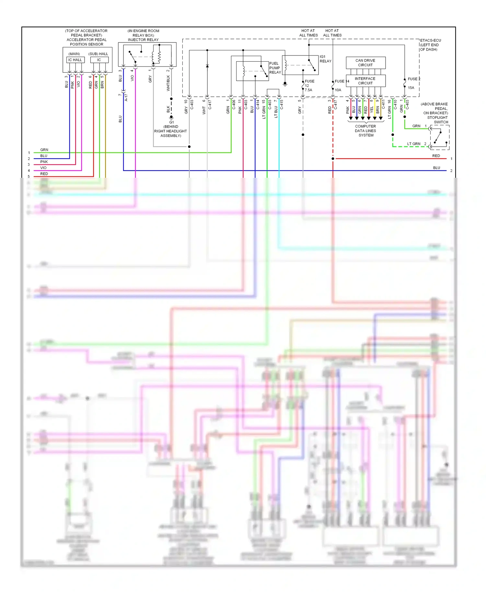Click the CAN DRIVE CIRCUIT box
pyautogui.click(x=365, y=63)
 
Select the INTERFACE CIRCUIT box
pyautogui.click(x=365, y=81)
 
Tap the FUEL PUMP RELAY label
pyautogui.click(x=275, y=68)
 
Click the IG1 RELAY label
pyautogui.click(x=325, y=59)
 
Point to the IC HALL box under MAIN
pyautogui.click(x=75, y=60)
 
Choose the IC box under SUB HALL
pyautogui.click(x=99, y=60)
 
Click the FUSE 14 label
pyautogui.click(x=341, y=81)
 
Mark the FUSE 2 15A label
pyautogui.click(x=413, y=83)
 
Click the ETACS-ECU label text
pyautogui.click(x=430, y=41)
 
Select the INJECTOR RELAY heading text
pyautogui.click(x=143, y=40)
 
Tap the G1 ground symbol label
pyautogui.click(x=171, y=122)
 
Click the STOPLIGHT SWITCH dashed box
pyautogui.click(x=440, y=138)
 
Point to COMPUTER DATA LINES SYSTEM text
pyautogui.click(x=365, y=131)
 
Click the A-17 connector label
pyautogui.click(x=126, y=98)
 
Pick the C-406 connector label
pyautogui.click(x=234, y=104)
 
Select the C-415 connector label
pyautogui.click(x=282, y=104)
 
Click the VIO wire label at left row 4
pyautogui.click(x=43, y=168)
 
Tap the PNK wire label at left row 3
pyautogui.click(x=44, y=162)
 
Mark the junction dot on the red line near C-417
pyautogui.click(x=333, y=159)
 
